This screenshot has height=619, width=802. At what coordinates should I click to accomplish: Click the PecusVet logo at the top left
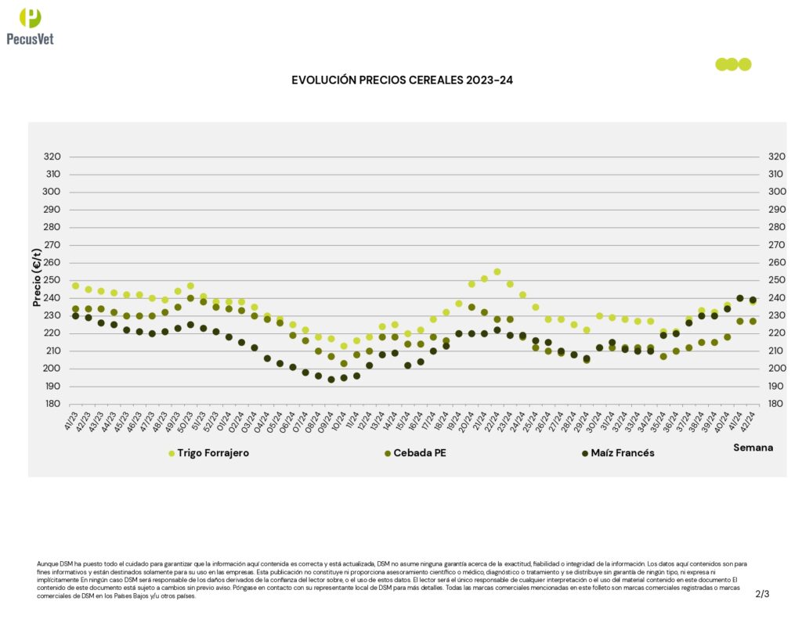pos(30,27)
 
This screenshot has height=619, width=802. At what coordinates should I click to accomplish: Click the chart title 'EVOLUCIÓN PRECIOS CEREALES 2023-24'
pos(402,80)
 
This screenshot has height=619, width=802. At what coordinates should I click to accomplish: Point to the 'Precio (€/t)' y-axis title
pos(36,278)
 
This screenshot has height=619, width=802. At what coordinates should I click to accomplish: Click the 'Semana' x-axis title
pos(753,448)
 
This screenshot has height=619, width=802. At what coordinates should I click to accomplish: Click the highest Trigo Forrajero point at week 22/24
pos(497,272)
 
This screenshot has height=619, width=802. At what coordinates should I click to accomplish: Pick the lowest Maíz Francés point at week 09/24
pos(331,380)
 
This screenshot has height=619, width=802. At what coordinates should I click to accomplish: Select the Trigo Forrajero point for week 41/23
pos(75,286)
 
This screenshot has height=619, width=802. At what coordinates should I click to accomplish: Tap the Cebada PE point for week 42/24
pos(753,322)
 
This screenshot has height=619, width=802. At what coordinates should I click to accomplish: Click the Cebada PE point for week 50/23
pos(190,298)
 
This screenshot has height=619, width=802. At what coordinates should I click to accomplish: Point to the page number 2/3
pos(762,594)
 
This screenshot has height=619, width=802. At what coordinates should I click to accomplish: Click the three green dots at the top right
pos(733,64)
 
